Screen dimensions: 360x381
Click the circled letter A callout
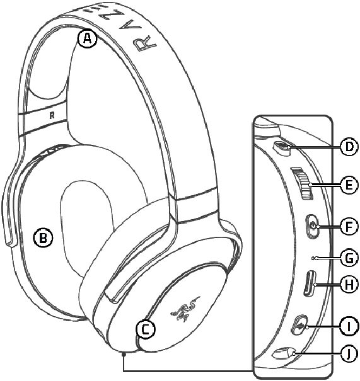tap(88, 38)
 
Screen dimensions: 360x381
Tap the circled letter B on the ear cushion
tap(43, 237)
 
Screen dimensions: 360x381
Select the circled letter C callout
tap(145, 329)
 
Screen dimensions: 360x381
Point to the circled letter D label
tap(349, 147)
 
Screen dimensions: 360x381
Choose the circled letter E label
tap(349, 185)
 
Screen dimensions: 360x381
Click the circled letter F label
tap(349, 226)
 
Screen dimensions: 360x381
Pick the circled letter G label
tap(349, 258)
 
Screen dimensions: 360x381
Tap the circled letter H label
tap(349, 284)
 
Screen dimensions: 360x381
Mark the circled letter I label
tap(349, 326)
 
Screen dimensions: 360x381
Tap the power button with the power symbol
tap(312, 226)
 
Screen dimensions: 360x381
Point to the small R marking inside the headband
tap(52, 115)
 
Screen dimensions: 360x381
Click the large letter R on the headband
tap(145, 44)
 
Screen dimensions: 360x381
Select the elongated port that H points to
tap(310, 283)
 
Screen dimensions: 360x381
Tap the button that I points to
tap(299, 326)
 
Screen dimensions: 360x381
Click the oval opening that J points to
tap(284, 353)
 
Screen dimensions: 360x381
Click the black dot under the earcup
tap(124, 355)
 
